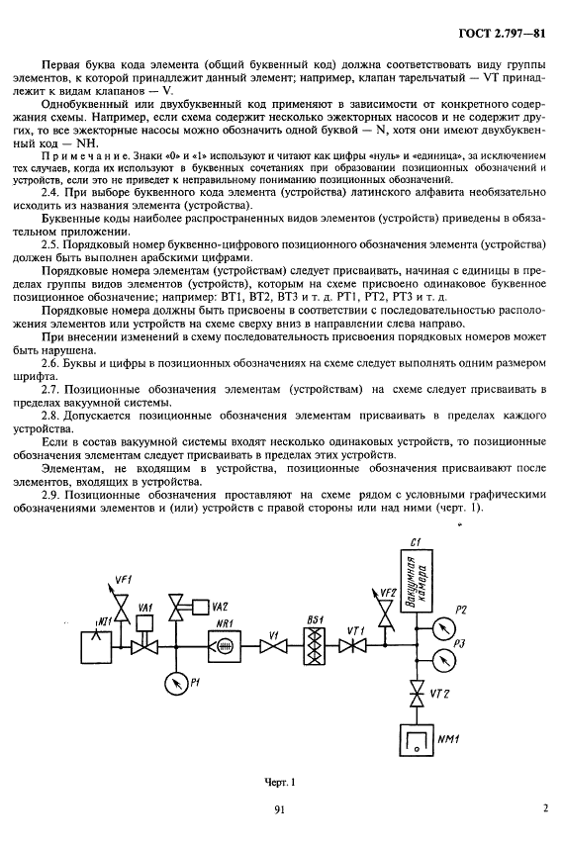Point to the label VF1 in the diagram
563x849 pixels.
[x=123, y=578]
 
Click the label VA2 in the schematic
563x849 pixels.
[x=220, y=606]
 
